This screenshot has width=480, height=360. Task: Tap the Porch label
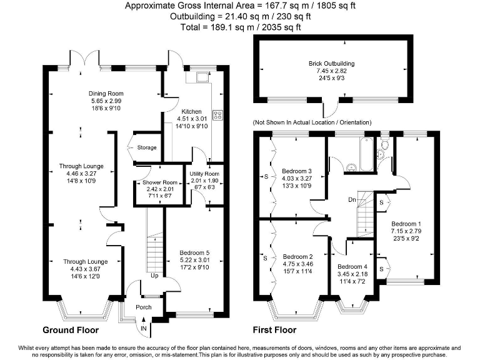[144, 307]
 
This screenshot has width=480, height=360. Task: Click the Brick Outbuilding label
[331, 64]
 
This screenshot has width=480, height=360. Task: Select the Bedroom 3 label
[297, 171]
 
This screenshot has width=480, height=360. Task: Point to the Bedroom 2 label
[298, 256]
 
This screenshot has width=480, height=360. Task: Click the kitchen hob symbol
[219, 114]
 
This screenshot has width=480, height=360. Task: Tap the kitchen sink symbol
[202, 77]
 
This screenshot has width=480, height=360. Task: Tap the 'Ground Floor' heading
[71, 329]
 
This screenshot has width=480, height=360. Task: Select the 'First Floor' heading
[274, 329]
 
